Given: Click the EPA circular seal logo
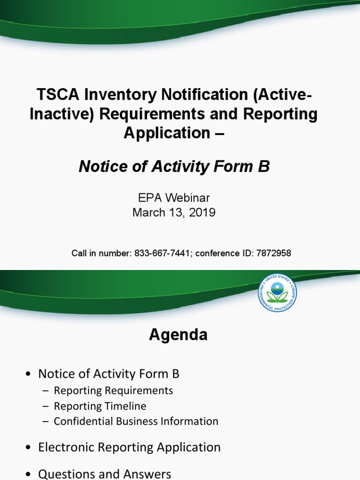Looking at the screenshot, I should click(x=277, y=292).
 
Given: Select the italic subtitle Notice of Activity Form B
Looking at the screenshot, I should click(x=174, y=166).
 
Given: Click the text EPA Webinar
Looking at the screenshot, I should click(x=174, y=198).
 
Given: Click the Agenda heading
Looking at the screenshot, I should click(x=178, y=335).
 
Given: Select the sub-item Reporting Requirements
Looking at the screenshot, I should click(x=113, y=390).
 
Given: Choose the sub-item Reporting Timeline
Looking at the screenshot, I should click(x=100, y=406).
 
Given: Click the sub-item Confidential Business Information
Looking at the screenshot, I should click(x=136, y=421).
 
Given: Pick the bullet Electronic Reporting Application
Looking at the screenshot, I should click(x=129, y=447).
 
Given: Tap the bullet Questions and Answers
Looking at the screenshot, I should click(x=105, y=474).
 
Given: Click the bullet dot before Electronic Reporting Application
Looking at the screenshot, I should click(x=29, y=448).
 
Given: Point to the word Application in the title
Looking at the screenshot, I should click(x=165, y=133).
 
